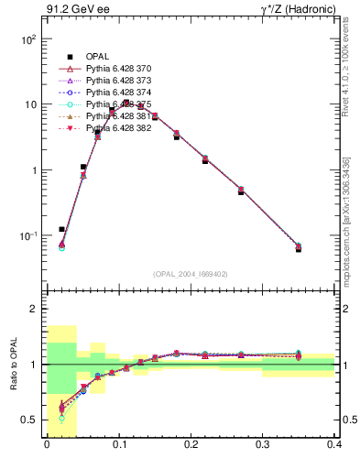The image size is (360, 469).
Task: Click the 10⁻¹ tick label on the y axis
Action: [27, 236]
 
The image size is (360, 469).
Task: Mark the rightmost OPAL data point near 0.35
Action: [299, 248]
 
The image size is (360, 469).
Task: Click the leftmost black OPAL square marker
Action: [61, 229]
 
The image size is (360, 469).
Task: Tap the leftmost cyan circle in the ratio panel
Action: [61, 419]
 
